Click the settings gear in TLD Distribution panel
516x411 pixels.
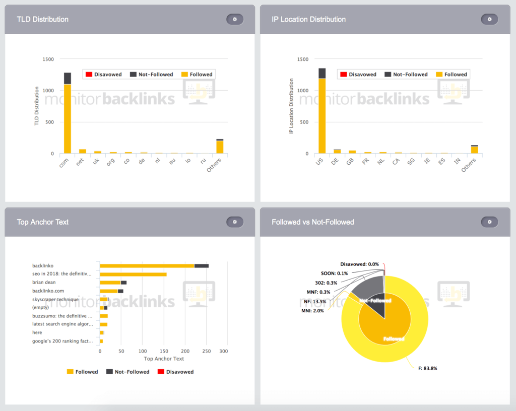(235, 19)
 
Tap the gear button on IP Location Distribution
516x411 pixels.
(489, 19)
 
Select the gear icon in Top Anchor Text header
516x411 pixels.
(235, 222)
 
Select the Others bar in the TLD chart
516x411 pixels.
(220, 147)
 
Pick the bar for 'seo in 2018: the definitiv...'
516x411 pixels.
(133, 274)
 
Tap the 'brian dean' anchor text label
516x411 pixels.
(44, 283)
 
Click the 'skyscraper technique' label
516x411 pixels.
(55, 299)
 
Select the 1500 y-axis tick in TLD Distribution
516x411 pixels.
(48, 59)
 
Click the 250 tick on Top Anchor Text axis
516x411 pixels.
(206, 351)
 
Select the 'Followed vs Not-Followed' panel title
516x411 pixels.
(312, 222)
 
